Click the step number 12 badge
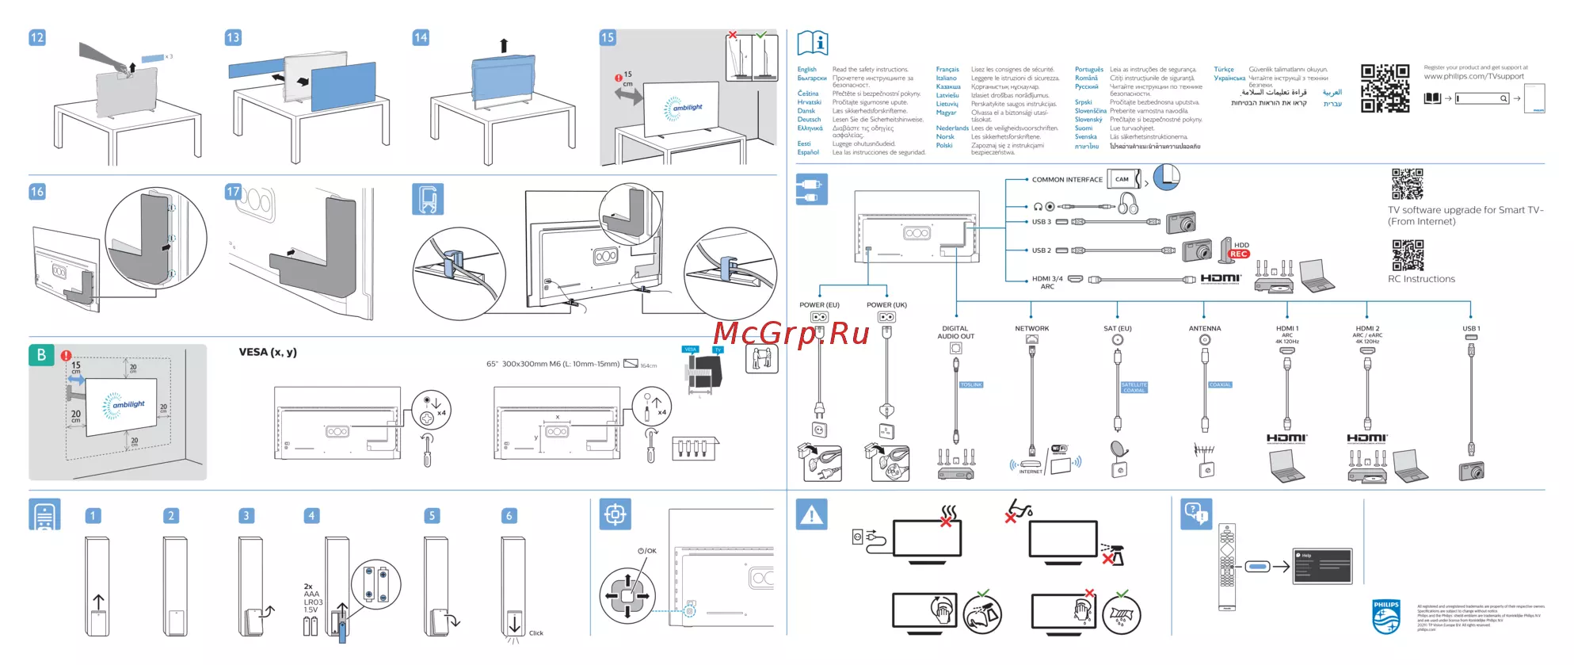coord(37,37)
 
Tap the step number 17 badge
coord(233,192)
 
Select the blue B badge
coord(41,355)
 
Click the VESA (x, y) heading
coord(268,352)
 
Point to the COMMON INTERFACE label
coord(1066,180)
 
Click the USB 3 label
coord(1041,222)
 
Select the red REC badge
coord(1239,254)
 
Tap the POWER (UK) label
coord(886,305)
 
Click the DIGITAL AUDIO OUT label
coord(956,332)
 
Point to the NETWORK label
coord(1031,328)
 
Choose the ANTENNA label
coord(1204,328)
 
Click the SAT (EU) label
coord(1117,328)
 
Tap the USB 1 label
coord(1471,328)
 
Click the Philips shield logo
coord(1386,617)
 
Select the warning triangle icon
coord(811,515)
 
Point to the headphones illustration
coord(1128,205)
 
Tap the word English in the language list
coord(806,70)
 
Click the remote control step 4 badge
coord(311,516)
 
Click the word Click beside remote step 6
coord(536,633)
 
